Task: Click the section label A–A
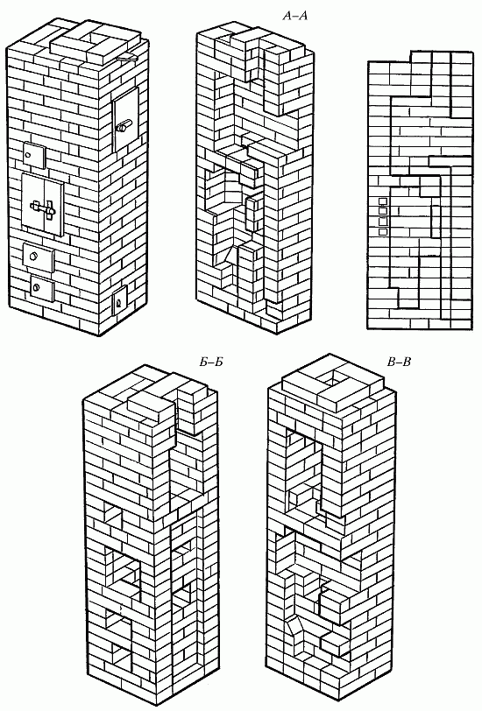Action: [x=295, y=17]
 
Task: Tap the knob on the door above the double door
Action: [x=28, y=155]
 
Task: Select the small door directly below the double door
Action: [x=39, y=258]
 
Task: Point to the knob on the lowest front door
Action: [x=35, y=286]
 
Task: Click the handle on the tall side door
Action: [x=124, y=126]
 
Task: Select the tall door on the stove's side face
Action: [x=125, y=120]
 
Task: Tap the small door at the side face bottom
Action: [x=120, y=300]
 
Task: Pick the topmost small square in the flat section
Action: [x=383, y=201]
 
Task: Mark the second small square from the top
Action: [x=383, y=212]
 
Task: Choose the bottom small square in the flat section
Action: [x=383, y=232]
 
